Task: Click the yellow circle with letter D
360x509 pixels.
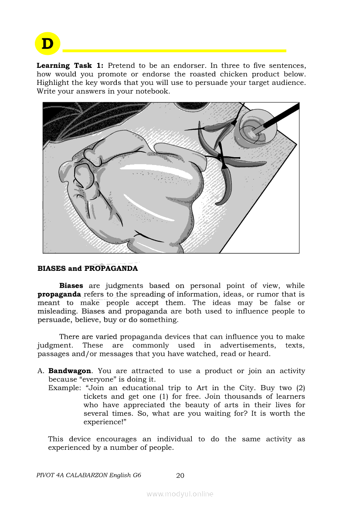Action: (48, 43)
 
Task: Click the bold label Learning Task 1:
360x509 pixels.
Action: (70, 66)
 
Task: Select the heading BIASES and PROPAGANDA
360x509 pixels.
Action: (88, 269)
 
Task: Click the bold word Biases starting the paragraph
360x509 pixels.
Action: (71, 286)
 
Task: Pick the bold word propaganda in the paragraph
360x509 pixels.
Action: (59, 294)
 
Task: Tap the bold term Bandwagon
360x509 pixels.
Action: (70, 371)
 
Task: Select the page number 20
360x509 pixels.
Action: (180, 475)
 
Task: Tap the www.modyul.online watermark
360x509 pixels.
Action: (180, 494)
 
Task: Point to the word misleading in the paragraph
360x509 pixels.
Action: (57, 311)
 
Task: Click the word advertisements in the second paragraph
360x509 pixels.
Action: (248, 345)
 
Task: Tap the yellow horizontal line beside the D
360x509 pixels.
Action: (174, 51)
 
